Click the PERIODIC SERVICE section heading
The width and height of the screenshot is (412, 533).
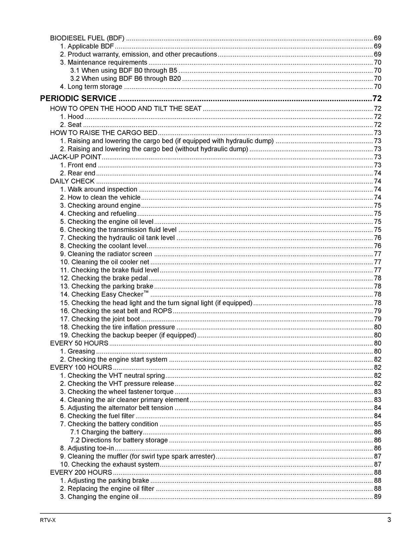(78, 98)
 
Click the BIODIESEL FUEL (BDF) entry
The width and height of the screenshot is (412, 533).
(87, 38)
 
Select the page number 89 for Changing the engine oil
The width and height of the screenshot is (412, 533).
(377, 497)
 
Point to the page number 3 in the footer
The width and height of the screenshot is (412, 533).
(389, 520)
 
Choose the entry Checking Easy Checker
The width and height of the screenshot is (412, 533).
(104, 294)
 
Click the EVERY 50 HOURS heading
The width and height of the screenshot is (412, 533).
(79, 343)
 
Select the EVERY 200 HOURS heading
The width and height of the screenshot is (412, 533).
(81, 472)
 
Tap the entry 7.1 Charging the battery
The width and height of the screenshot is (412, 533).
(106, 432)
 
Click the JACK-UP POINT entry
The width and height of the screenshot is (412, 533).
(76, 157)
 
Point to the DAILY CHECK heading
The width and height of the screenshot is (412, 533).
(72, 181)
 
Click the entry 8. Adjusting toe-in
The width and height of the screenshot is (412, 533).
(87, 448)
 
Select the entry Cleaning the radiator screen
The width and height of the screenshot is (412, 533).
(106, 254)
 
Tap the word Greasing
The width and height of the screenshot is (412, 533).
(81, 351)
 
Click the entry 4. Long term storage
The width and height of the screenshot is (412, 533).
(91, 87)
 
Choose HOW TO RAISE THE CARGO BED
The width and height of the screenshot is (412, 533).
(103, 133)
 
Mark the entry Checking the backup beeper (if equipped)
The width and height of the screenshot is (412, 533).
(128, 335)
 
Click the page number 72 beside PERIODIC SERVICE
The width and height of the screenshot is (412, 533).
(377, 98)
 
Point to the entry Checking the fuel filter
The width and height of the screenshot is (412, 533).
(97, 416)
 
